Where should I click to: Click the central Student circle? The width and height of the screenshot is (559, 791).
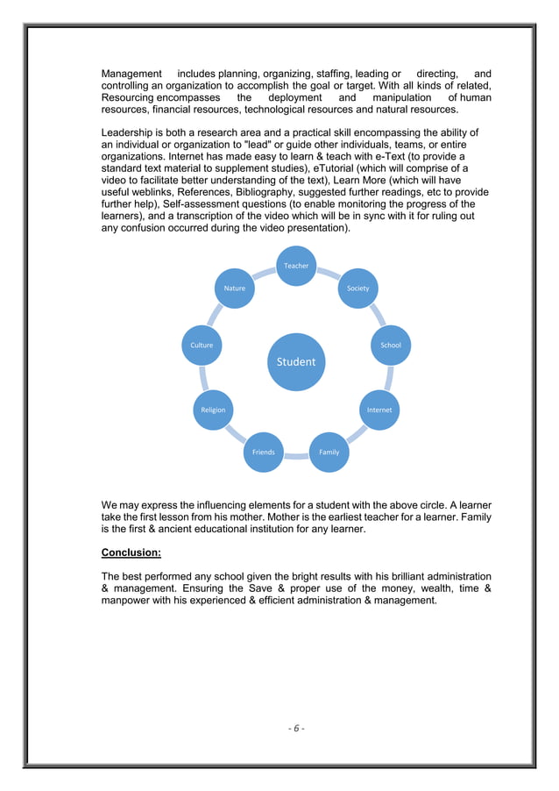(296, 361)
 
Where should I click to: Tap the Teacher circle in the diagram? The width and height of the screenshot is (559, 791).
(296, 266)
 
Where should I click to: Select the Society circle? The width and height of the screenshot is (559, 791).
(357, 288)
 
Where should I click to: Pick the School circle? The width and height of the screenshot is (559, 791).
(391, 345)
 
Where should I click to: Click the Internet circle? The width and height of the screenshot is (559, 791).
(379, 410)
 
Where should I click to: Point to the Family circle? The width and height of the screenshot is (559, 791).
(329, 452)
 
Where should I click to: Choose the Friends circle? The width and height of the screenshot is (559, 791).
(263, 452)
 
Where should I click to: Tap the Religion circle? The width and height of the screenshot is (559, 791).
(213, 410)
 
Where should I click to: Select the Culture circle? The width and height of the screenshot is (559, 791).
(202, 345)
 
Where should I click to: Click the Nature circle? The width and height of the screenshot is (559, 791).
(235, 288)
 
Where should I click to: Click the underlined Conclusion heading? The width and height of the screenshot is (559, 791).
(131, 553)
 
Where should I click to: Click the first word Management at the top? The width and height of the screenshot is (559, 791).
(131, 74)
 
